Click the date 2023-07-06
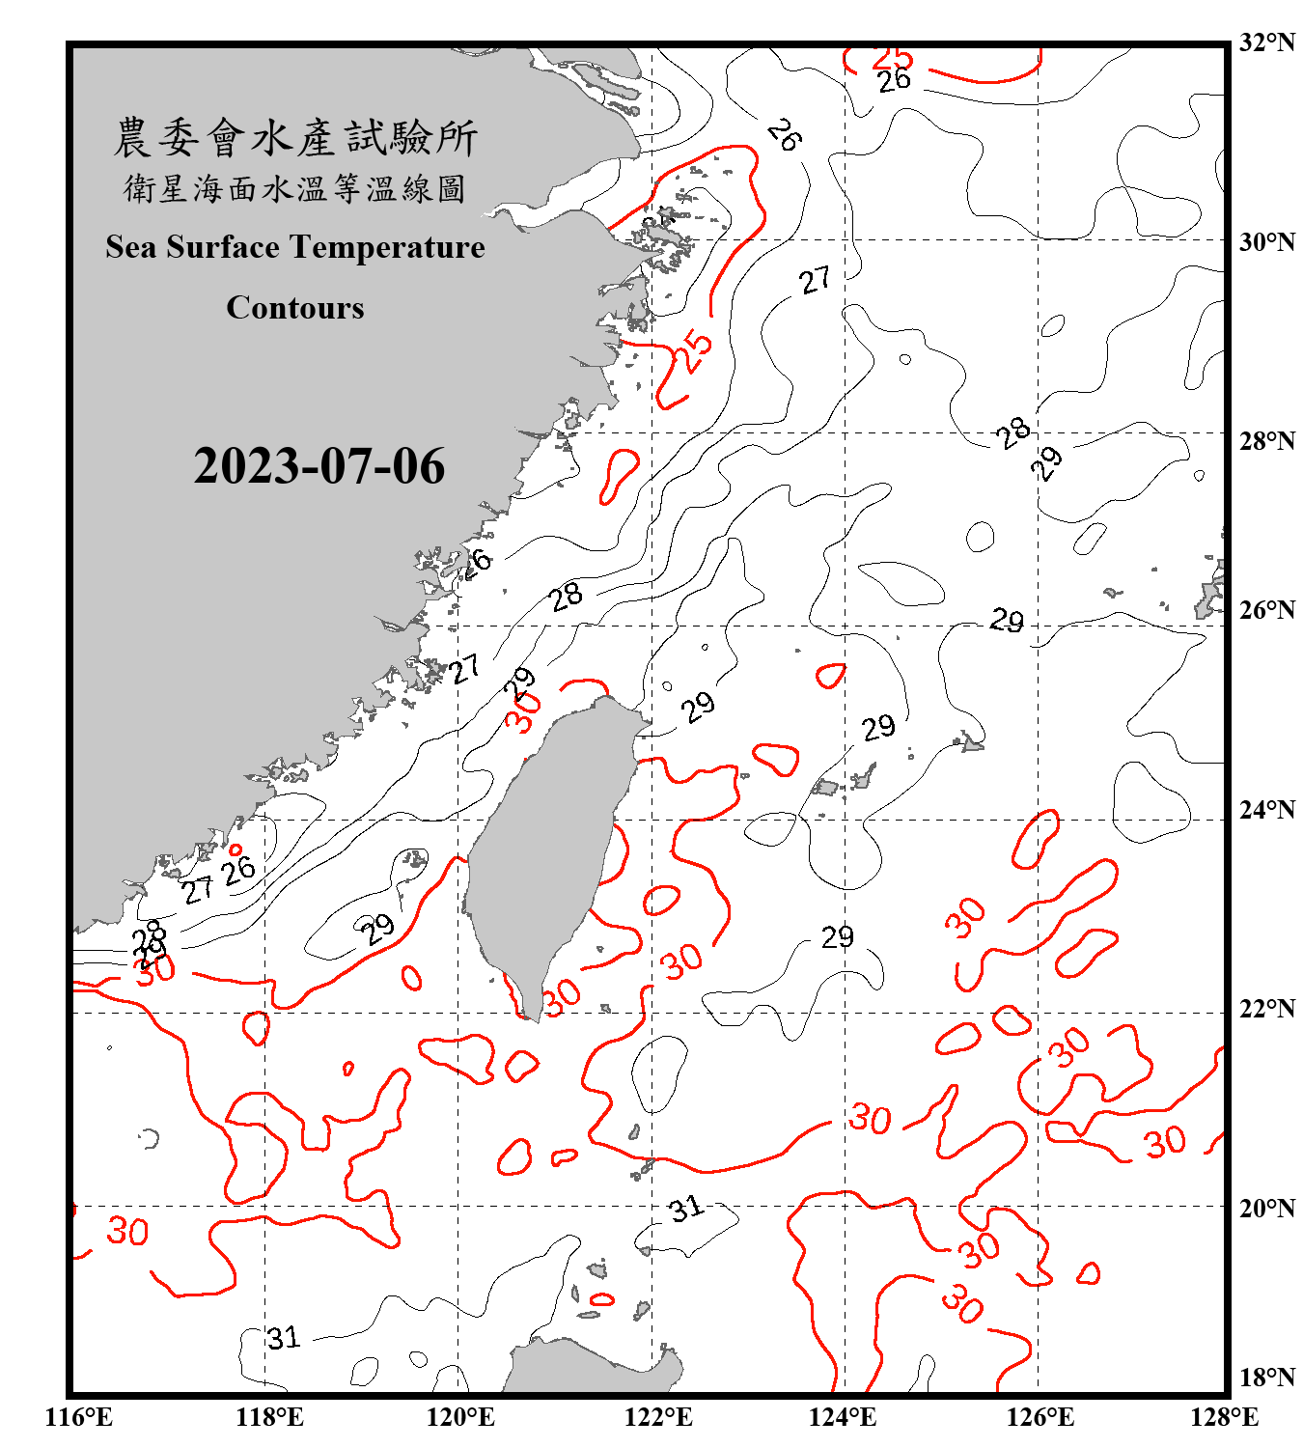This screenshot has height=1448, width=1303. click(x=319, y=466)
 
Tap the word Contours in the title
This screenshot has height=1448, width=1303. click(x=295, y=308)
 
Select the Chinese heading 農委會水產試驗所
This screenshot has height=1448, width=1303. click(x=295, y=137)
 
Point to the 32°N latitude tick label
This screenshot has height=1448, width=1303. click(x=1266, y=42)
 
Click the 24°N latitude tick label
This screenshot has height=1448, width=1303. click(x=1266, y=809)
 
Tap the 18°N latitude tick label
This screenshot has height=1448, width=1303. click(x=1266, y=1377)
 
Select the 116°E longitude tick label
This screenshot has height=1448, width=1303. click(x=79, y=1417)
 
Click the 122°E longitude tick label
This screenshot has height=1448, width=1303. click(x=658, y=1417)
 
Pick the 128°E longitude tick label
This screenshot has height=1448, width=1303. click(x=1224, y=1417)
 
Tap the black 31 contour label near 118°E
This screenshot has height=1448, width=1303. click(x=284, y=1338)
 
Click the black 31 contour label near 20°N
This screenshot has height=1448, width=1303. click(x=686, y=1208)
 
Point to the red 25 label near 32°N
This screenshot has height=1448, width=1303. click(x=892, y=58)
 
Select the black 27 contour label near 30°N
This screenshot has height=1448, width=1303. click(x=815, y=280)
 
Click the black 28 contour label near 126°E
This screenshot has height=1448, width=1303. click(x=1012, y=432)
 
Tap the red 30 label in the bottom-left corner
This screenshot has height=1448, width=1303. click(x=127, y=1232)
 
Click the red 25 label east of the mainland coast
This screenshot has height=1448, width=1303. click(x=693, y=352)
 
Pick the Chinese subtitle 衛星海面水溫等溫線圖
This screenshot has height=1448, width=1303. click(x=295, y=188)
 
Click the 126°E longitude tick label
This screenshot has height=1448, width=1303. click(x=1040, y=1417)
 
